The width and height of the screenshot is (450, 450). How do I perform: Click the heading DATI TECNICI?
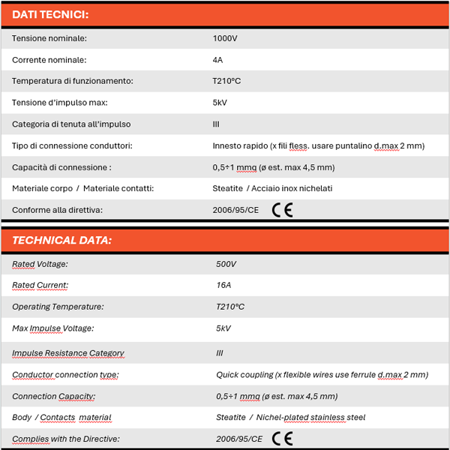tap(51, 14)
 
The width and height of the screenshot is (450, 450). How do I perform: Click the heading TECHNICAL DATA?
tap(62, 241)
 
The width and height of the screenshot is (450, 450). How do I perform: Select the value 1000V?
tap(225, 38)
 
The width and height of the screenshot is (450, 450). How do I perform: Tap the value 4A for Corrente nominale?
tap(218, 60)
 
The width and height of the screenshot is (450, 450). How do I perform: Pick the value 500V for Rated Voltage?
tap(226, 264)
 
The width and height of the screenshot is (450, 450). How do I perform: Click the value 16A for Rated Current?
tap(223, 285)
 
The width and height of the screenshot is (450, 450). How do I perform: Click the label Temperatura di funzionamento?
tap(73, 81)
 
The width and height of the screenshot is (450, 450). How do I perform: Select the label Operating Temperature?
tap(58, 307)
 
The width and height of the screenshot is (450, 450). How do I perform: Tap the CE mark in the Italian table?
tap(283, 210)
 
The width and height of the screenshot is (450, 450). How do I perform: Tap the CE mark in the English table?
tap(283, 439)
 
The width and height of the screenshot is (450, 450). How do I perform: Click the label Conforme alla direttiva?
tap(57, 210)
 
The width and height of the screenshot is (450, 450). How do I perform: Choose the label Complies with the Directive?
tap(66, 439)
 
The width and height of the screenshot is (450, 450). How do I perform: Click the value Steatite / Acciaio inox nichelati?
tap(272, 188)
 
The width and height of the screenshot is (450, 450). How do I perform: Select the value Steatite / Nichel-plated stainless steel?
tap(291, 418)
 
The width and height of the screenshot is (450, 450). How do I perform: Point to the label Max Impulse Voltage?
tap(53, 328)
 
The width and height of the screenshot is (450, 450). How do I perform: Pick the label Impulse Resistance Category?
tap(68, 353)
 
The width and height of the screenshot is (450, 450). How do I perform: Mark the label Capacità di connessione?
tap(61, 167)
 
